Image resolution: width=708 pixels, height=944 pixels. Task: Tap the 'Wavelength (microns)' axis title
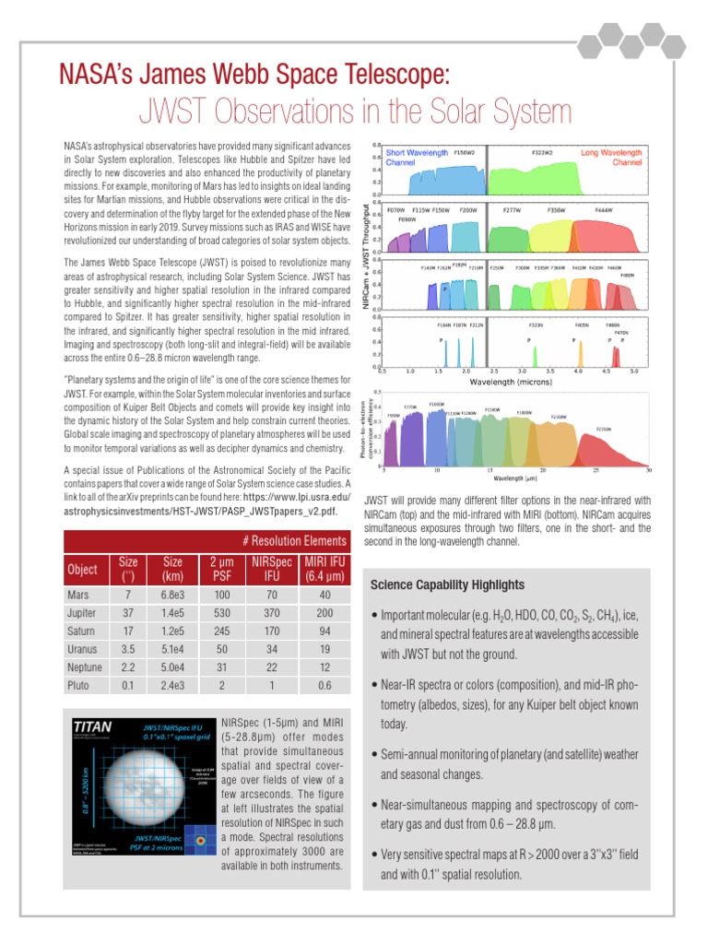[x=511, y=380]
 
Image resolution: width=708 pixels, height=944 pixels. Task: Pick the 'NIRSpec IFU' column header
[x=265, y=570]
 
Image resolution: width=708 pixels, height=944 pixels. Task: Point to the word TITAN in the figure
[x=93, y=726]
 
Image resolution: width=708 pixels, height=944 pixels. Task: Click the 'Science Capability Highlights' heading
[x=447, y=584]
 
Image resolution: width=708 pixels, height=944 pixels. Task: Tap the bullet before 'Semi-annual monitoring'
[x=373, y=755]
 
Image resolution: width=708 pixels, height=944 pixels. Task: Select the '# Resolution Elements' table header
[x=295, y=541]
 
